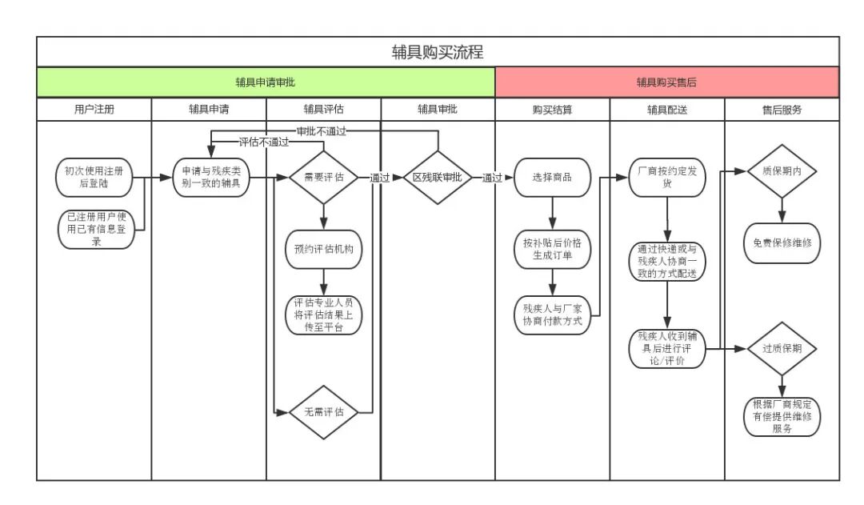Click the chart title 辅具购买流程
pos(438,52)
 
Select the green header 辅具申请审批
pos(266,82)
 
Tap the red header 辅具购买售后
pos(666,82)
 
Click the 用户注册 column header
pos(94,110)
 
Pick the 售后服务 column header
pos(782,110)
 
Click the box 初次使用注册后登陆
pos(94,177)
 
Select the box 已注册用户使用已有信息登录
pos(94,229)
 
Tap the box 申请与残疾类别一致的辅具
pos(213,178)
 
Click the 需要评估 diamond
pos(324,178)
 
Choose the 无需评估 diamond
pos(324,412)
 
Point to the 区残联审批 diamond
pos(437,178)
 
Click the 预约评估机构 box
pos(324,249)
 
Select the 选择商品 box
pos(552,178)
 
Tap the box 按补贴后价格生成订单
pos(552,249)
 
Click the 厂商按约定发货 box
pos(666,178)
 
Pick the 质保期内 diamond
pos(782,170)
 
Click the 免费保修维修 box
pos(782,242)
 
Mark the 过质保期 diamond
pos(782,349)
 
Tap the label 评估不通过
pos(264,142)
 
